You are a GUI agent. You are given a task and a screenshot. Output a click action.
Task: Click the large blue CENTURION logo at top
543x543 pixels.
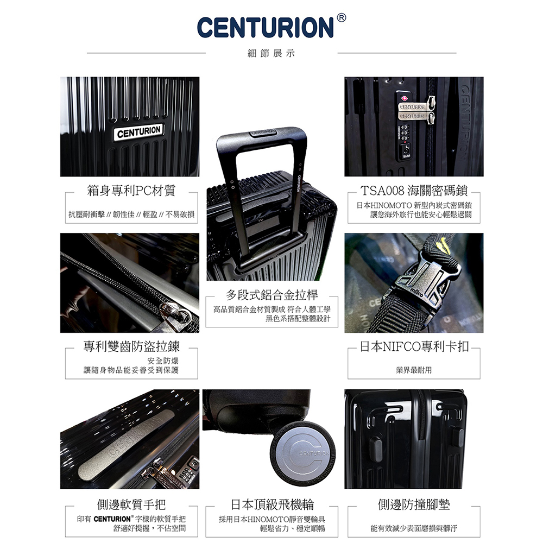tap(266, 27)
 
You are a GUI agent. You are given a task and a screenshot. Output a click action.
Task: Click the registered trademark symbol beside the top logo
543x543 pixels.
tap(341, 18)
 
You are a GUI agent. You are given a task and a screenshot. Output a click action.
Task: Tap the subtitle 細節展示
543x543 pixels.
tap(271, 53)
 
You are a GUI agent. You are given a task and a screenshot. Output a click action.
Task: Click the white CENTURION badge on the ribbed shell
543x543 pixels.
tap(139, 132)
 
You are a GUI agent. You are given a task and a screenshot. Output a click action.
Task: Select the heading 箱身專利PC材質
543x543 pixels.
tap(131, 191)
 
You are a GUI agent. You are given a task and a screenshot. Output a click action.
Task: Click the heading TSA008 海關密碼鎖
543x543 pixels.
tap(414, 191)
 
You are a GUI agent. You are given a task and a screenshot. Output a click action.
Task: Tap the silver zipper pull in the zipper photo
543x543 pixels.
tap(176, 313)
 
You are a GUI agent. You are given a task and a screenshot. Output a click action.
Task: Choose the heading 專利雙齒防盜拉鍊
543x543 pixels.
tap(131, 346)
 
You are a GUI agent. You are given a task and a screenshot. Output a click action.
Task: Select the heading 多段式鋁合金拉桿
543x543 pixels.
tap(271, 295)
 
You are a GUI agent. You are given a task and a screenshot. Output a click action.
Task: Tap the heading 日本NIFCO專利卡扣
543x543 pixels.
tap(414, 346)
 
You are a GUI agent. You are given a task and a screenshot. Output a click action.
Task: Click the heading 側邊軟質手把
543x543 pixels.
tap(131, 504)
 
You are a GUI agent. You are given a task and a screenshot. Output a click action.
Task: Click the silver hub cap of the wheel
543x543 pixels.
tap(302, 453)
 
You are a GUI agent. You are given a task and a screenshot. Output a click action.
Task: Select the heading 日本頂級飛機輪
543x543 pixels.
tap(272, 504)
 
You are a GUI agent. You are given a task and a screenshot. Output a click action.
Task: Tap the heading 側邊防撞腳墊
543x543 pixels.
tap(414, 504)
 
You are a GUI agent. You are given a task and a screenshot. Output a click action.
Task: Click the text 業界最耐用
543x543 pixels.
tap(414, 370)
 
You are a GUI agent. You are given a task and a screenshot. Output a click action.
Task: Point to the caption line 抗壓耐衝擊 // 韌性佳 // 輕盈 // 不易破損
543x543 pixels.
tap(131, 214)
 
